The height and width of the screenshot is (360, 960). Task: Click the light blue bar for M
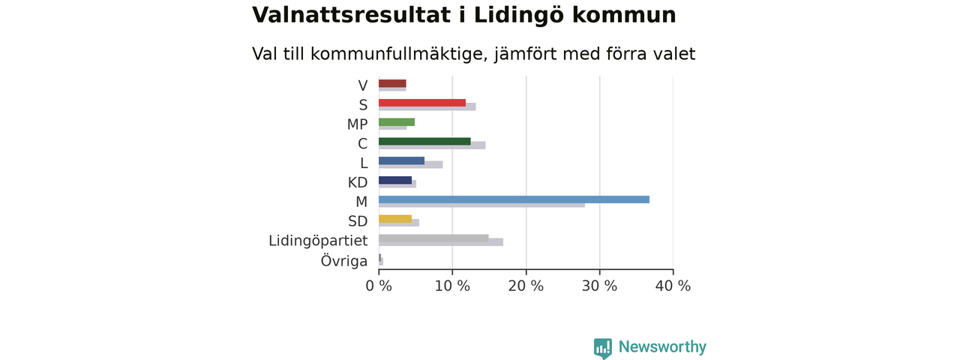click(514, 199)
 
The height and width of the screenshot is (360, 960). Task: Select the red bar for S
click(422, 103)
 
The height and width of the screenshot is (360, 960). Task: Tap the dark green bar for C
click(424, 142)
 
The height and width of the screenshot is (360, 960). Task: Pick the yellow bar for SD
click(395, 219)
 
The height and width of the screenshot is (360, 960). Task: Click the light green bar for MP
click(397, 122)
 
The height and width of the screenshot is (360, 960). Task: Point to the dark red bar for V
click(392, 83)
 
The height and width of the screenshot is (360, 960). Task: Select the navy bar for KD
click(395, 180)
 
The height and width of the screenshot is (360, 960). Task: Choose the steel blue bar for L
click(401, 160)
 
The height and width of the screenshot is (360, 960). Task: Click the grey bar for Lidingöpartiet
click(433, 238)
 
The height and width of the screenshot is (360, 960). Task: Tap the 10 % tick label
click(452, 286)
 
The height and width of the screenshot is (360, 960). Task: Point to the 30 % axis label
click(599, 286)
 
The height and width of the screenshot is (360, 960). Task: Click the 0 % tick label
click(379, 286)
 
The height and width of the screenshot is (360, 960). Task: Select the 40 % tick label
click(673, 286)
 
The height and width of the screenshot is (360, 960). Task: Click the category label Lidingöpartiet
click(318, 241)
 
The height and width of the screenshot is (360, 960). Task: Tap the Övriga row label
click(344, 260)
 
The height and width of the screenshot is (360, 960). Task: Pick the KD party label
click(358, 182)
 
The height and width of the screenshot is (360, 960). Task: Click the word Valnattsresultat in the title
click(351, 15)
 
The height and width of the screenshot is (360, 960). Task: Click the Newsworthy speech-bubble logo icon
click(603, 348)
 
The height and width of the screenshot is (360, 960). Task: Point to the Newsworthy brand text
click(662, 346)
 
